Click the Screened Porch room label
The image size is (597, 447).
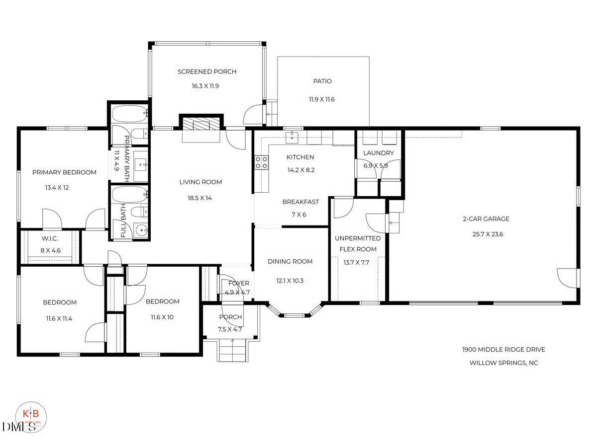coord(207,72)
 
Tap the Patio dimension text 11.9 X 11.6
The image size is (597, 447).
coord(321,99)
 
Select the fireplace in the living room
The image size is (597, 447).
coord(201,124)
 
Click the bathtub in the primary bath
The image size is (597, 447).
coord(129,114)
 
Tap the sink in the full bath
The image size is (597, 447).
coord(141,230)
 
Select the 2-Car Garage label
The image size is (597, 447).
coord(486,219)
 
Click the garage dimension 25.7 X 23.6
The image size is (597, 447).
coord(486,234)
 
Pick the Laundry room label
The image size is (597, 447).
coord(378,153)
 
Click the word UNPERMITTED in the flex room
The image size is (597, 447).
coord(358,238)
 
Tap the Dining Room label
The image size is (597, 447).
coord(290,261)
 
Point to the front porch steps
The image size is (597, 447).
coord(232,351)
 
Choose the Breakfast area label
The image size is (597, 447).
coord(300,202)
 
